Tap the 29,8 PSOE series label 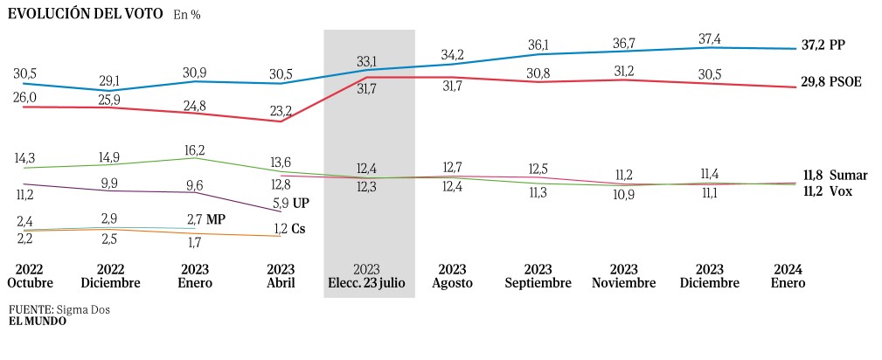(x=830, y=82)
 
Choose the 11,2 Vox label (x=827, y=190)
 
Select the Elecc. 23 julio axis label (x=366, y=276)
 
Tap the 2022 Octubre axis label (x=31, y=276)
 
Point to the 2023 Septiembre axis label (x=538, y=276)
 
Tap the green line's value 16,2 (x=195, y=149)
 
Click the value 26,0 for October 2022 (x=26, y=98)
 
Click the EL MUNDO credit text (x=37, y=321)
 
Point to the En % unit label (x=186, y=15)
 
